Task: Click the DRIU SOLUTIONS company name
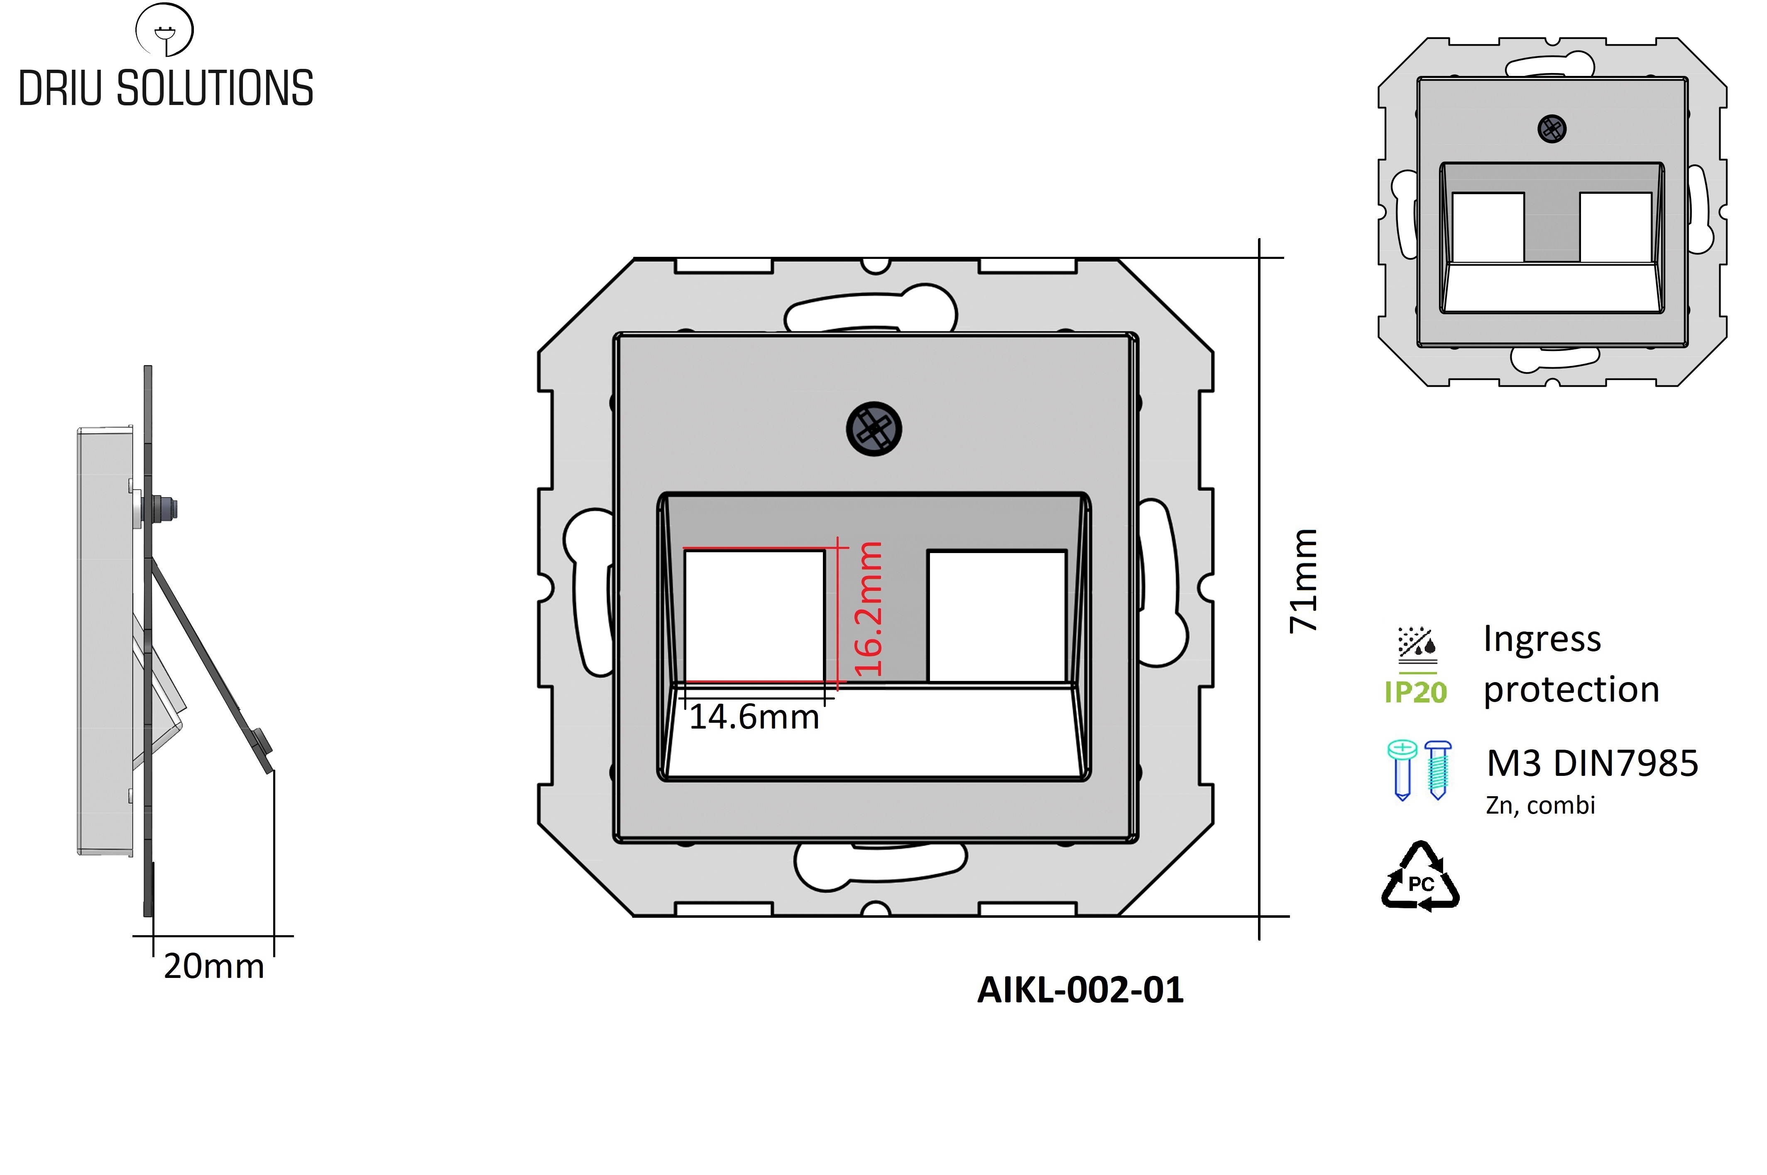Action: (x=166, y=88)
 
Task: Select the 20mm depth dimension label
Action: (x=214, y=966)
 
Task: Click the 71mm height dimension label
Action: (x=1303, y=581)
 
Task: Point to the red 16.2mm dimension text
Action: (x=868, y=609)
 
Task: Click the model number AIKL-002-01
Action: (x=1080, y=990)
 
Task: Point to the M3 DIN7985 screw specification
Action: (x=1592, y=763)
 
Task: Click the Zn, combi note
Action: (x=1540, y=805)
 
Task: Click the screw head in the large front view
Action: (x=874, y=429)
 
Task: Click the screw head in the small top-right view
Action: (x=1552, y=129)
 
